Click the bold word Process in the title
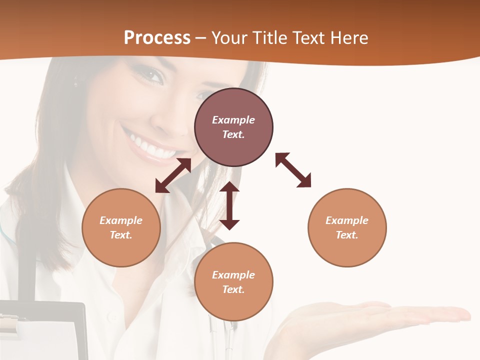click(157, 38)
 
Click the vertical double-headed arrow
click(229, 205)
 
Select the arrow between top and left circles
click(173, 175)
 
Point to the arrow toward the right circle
click(293, 170)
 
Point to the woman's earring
click(76, 80)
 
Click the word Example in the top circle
click(233, 120)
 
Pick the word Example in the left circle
click(121, 220)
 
